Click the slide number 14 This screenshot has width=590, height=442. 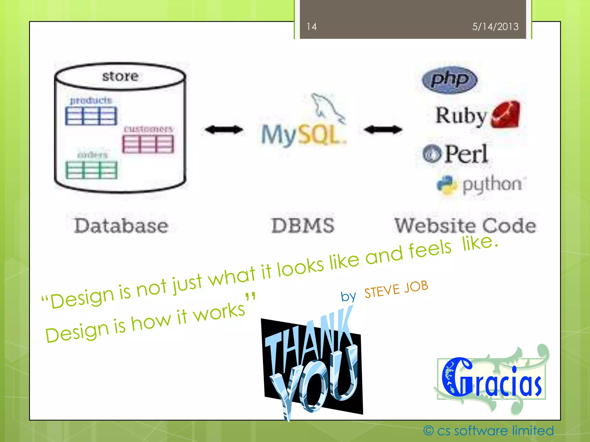click(311, 27)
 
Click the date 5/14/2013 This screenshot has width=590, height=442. click(495, 27)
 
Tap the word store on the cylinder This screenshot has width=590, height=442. click(120, 76)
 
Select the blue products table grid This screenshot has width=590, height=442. click(91, 116)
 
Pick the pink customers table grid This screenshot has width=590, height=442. click(148, 144)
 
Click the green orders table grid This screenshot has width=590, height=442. click(91, 170)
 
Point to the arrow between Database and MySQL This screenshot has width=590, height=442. click(224, 130)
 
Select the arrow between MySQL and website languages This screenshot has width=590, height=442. click(383, 130)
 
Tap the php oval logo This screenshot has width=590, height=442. click(449, 79)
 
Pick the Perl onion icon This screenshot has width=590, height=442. click(432, 154)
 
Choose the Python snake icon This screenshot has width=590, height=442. click(447, 185)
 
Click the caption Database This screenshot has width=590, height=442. click(121, 226)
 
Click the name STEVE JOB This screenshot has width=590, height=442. click(396, 289)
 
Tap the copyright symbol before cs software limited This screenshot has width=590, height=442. click(428, 431)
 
